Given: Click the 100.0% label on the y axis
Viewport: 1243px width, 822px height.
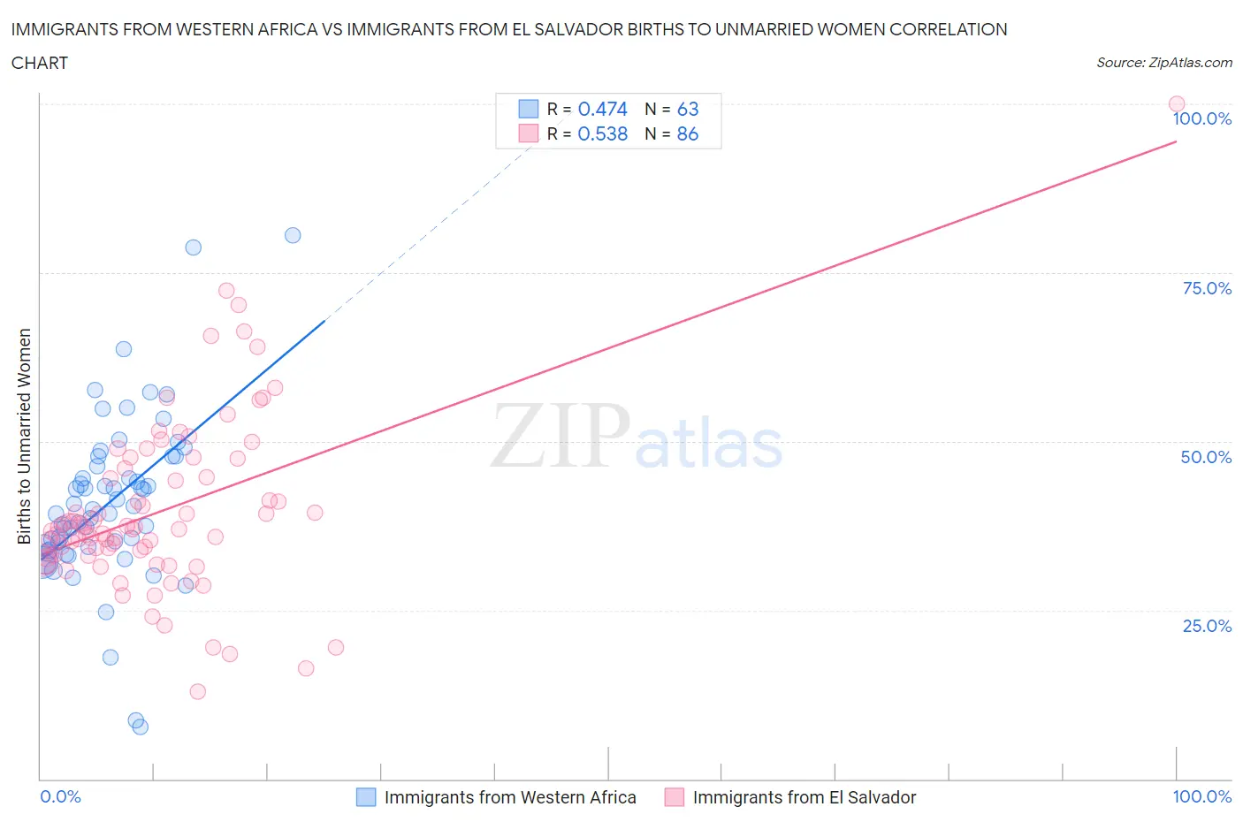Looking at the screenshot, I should point(1201,118).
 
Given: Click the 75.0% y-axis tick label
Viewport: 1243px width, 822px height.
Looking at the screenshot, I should point(1207,288).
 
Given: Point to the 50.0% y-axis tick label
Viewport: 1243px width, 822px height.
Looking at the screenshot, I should point(1206,457).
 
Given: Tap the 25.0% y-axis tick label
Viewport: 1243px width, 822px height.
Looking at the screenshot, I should point(1207,626).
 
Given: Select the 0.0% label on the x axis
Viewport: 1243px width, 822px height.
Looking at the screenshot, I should point(60,796).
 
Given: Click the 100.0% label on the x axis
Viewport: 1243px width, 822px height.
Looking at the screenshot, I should point(1201,796).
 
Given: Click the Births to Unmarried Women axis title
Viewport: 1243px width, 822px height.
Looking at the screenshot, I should point(24,437).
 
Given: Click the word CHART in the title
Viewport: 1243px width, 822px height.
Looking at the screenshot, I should point(40,63).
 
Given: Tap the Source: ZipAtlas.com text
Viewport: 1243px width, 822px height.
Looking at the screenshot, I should point(1163,62).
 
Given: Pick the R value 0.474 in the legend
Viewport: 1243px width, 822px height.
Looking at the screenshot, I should point(602,109).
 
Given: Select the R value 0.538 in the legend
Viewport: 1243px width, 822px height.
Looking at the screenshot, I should point(602,133).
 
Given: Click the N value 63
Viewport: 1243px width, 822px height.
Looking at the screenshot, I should point(687,109).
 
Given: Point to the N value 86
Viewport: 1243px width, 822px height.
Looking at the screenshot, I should point(687,133).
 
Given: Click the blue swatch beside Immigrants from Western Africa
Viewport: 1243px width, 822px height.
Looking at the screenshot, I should point(366,797).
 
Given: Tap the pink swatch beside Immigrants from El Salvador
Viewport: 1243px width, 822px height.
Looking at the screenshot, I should point(675,797).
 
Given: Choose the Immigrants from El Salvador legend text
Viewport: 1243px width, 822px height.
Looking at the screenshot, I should point(804,797).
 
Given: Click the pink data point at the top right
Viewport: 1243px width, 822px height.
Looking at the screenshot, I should point(1176,104).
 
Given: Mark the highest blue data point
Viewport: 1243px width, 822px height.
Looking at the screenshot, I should point(293,235).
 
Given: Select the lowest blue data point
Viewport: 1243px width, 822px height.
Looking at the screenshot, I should point(140,727).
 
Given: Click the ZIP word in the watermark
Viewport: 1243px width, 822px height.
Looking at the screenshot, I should point(560,436).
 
